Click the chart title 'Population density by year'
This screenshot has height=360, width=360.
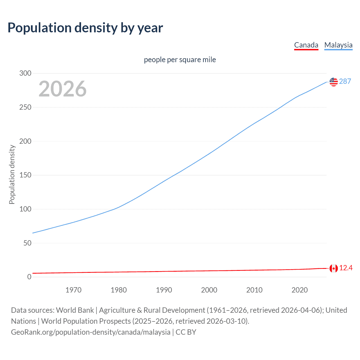point(85,28)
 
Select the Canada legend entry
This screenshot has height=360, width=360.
point(306,45)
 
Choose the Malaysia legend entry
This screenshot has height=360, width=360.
point(338,45)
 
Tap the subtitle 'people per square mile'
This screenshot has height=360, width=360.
point(180,60)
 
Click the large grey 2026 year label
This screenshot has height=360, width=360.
point(62,89)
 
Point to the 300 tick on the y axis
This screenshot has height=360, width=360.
point(25,73)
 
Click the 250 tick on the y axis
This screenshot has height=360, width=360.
point(25,107)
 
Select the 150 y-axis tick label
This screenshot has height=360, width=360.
point(25,175)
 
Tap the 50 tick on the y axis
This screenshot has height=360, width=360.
point(27,243)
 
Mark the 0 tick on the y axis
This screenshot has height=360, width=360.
point(29,277)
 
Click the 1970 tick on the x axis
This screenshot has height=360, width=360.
point(73,290)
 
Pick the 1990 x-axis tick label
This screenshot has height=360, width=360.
point(164,290)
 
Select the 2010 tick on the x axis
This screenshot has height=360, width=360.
point(254,290)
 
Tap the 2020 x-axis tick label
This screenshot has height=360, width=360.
point(300,290)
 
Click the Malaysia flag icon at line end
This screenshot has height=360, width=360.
point(334,82)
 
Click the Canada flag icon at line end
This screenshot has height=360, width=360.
point(334,268)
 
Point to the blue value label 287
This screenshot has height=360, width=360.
point(345,82)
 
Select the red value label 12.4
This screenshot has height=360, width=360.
point(346,268)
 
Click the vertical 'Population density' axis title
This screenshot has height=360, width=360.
point(12,174)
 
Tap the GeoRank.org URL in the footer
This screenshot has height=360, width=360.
point(91,332)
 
